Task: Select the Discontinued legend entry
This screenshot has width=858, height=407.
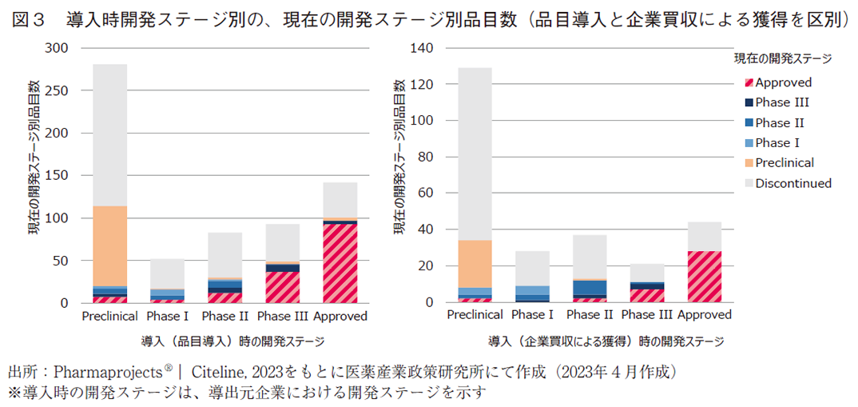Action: click(792, 183)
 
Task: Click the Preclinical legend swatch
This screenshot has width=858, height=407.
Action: click(749, 163)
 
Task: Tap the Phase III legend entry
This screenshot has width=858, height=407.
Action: click(781, 102)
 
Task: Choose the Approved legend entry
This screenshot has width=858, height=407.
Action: click(783, 82)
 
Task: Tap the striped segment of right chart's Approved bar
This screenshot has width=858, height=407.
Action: click(705, 277)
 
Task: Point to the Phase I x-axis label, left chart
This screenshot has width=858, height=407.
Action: click(167, 316)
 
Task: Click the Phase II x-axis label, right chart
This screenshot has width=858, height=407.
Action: click(590, 316)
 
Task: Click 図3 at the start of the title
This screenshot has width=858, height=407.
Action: click(30, 18)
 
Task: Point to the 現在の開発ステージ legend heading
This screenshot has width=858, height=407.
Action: click(783, 58)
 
